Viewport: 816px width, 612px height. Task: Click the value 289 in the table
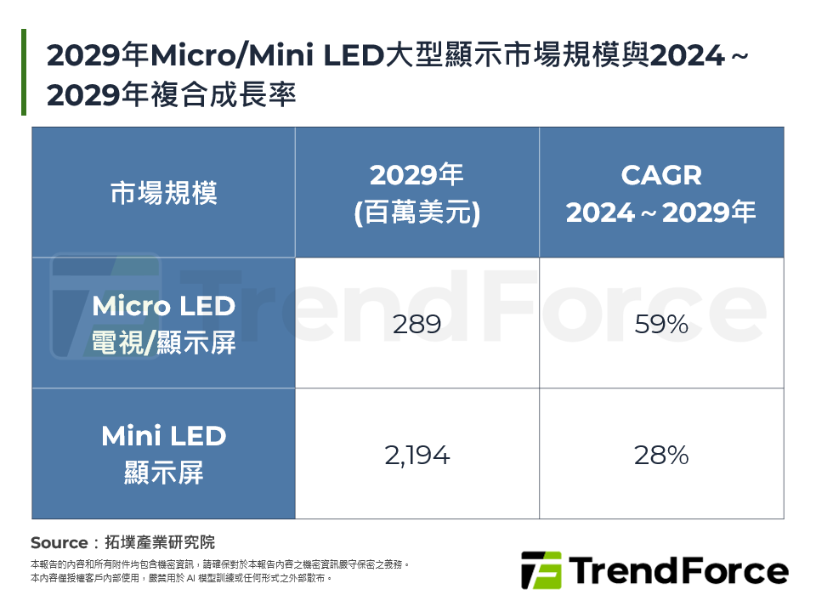coord(416,324)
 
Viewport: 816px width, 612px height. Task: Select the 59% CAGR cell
coord(661,324)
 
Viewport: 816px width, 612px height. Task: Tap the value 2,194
coord(416,456)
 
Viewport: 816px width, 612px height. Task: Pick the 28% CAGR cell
coord(661,456)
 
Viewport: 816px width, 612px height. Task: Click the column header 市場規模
coord(163,193)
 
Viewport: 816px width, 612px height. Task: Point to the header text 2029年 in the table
coord(416,176)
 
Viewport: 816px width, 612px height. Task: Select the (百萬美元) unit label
coord(416,212)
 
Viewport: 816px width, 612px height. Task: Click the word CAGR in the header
coord(661,176)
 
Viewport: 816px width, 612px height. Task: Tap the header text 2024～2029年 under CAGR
coord(661,212)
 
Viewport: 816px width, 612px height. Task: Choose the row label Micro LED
coord(163,306)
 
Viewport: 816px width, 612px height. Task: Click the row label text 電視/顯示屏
coord(163,343)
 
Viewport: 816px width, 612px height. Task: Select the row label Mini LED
coord(163,437)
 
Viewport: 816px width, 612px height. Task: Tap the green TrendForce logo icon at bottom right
coord(541,570)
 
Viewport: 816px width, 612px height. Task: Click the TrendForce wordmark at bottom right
coord(678,570)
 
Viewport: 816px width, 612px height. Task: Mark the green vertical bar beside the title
coord(24,72)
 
